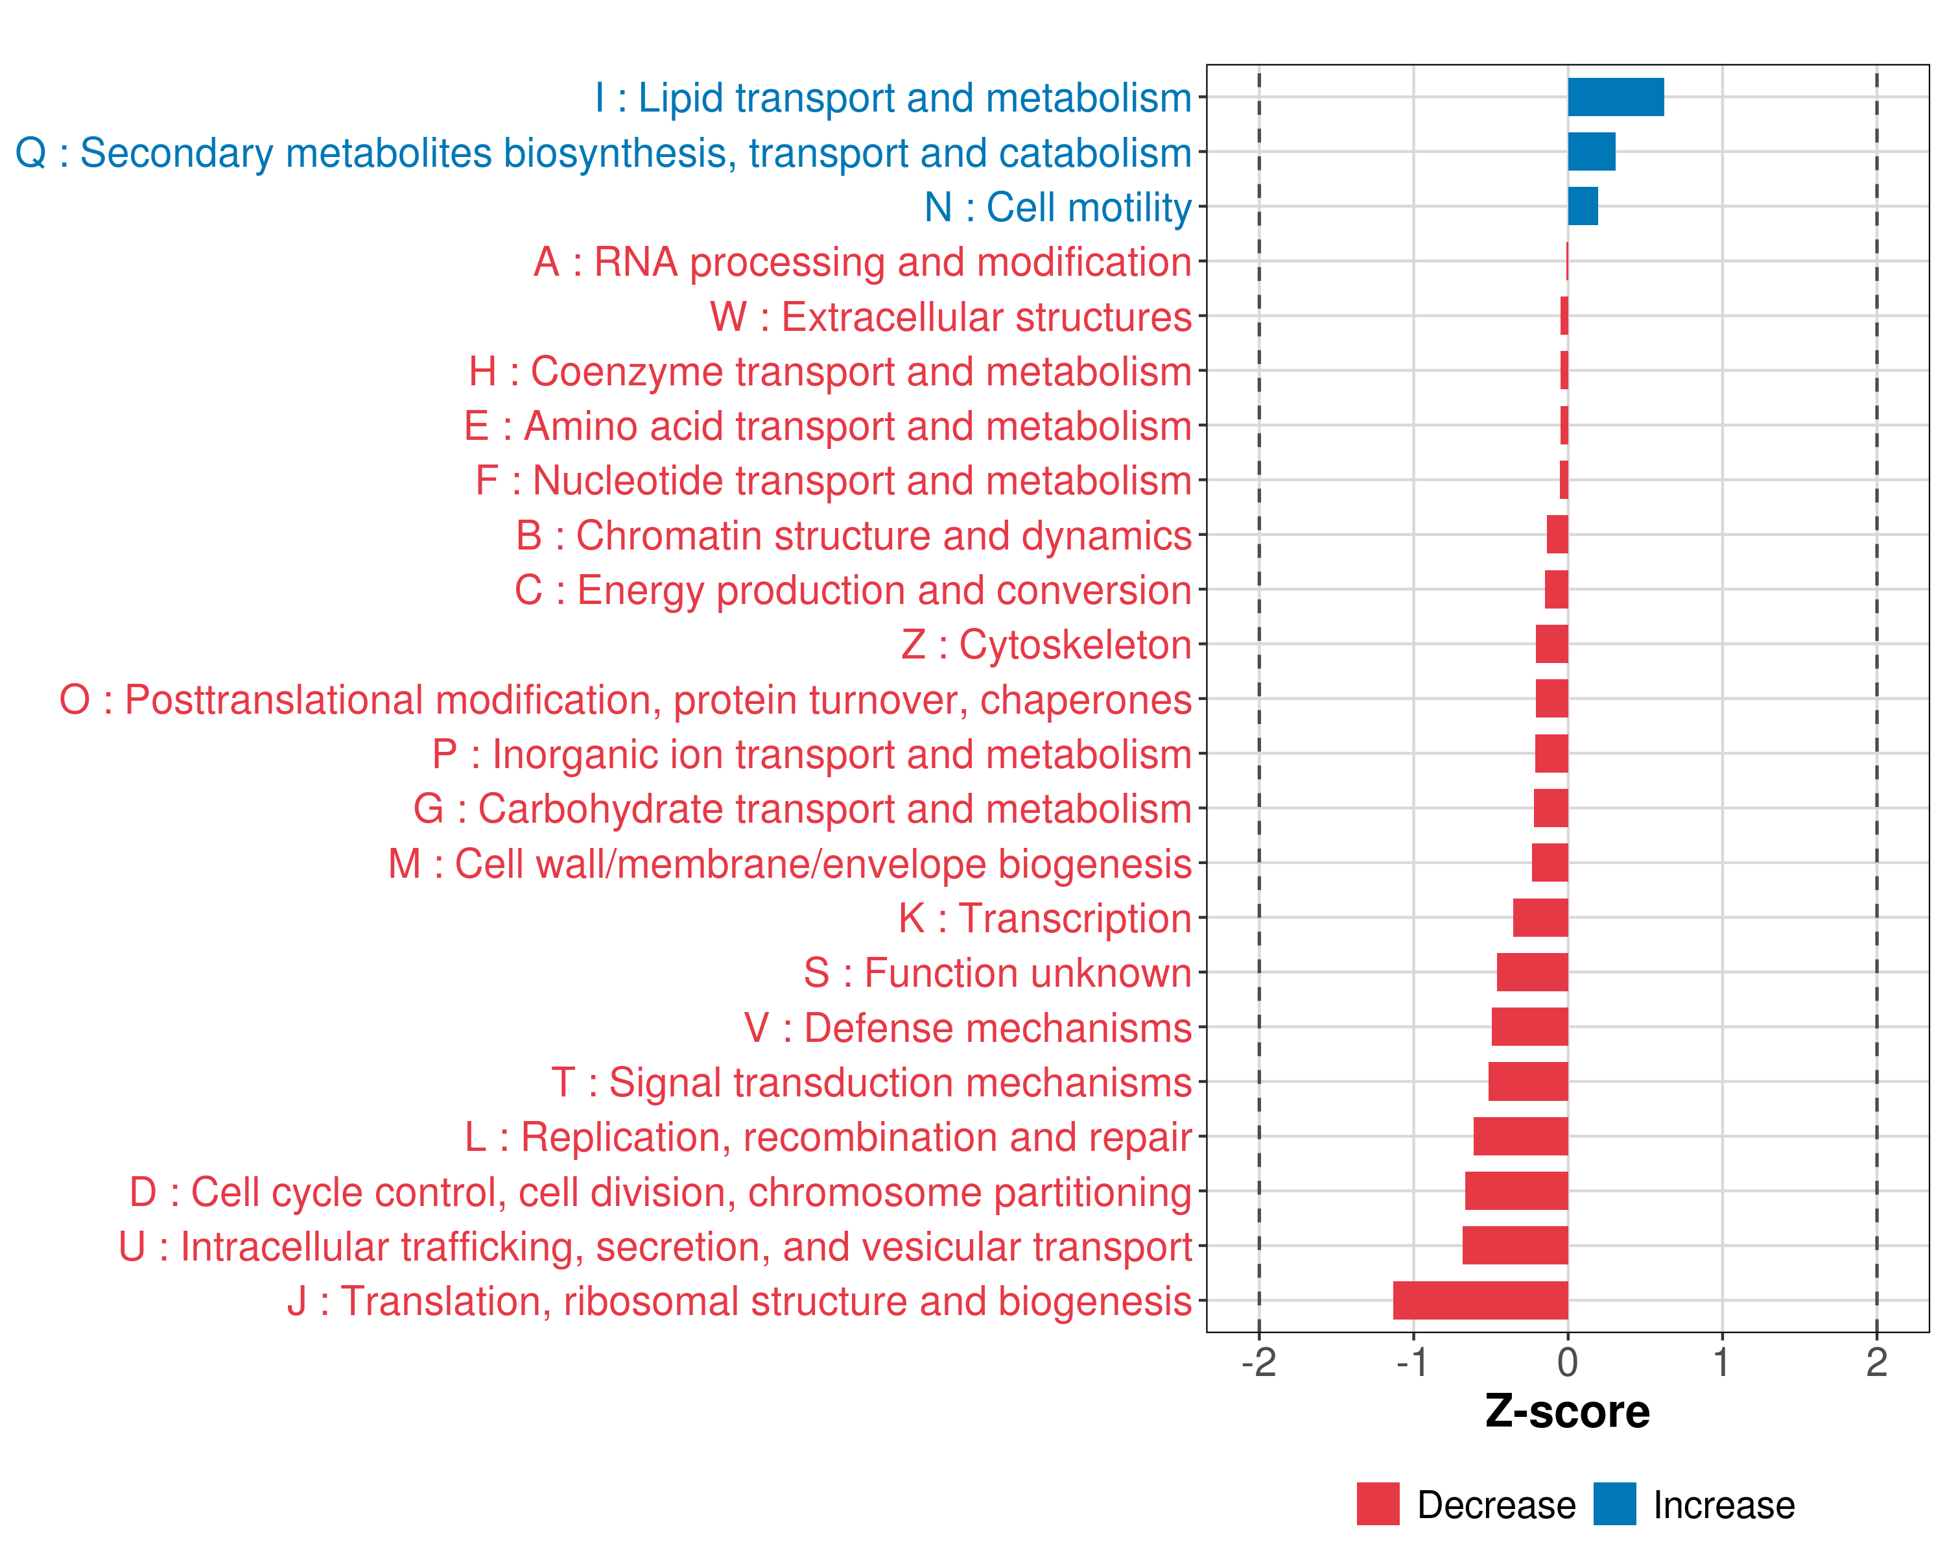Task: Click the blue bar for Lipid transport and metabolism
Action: coord(1615,97)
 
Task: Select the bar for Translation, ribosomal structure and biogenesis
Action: coord(1479,1301)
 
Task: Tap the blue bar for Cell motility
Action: coord(1583,207)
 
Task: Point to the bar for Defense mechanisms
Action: coord(1529,1027)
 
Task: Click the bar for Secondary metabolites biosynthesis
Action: coord(1592,152)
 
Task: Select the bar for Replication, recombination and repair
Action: coord(1520,1137)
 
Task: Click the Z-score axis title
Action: coord(1567,1412)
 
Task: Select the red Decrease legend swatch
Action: coord(1378,1504)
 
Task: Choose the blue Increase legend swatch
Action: coord(1614,1504)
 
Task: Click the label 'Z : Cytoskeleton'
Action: coord(1046,644)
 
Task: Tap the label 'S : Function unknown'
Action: coord(998,973)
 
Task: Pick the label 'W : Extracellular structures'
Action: coord(951,317)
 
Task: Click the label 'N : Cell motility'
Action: coord(1058,208)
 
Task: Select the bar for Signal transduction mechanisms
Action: coord(1527,1081)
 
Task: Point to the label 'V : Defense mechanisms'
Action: coord(968,1028)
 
